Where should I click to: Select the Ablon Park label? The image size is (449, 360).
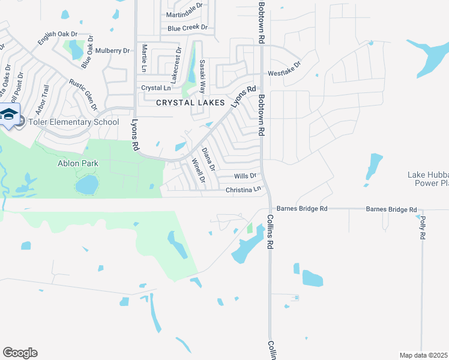[x=77, y=163]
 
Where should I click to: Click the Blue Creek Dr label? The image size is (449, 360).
[x=187, y=28]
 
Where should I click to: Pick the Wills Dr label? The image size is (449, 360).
[x=245, y=176]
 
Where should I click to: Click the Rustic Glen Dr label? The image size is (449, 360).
[x=83, y=95]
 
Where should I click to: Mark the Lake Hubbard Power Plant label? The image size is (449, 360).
[x=427, y=179]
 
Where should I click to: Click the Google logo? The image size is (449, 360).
[x=20, y=352]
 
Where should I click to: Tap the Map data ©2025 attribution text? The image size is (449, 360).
[x=424, y=355]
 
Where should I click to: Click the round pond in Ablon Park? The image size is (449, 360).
[x=86, y=185]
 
